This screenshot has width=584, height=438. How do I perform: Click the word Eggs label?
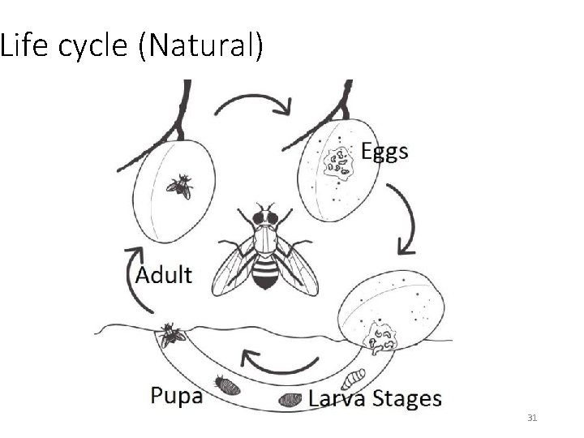coord(384,152)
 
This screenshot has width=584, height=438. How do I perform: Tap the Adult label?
coord(164,274)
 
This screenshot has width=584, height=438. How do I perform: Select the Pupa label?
coord(177,396)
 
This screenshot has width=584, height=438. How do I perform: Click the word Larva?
coord(339,398)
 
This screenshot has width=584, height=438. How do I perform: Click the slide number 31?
coord(533,418)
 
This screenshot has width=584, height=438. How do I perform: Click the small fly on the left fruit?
coord(180,186)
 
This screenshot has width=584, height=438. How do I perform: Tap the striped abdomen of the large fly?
coord(266,271)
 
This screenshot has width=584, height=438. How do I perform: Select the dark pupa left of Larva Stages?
coord(290,399)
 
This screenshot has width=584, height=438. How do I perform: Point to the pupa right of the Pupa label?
coord(224,382)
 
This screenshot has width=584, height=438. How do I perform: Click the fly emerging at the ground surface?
coord(172,333)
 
